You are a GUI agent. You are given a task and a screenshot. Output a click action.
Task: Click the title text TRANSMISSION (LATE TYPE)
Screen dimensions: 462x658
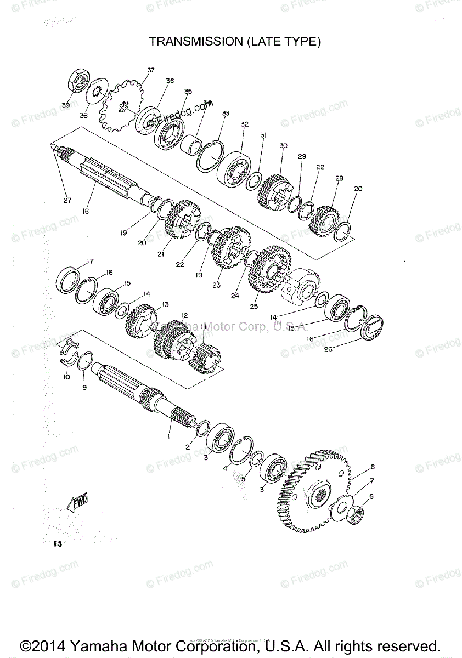tap(235, 41)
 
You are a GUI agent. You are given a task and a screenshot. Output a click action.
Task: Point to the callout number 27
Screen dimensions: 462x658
tap(66, 200)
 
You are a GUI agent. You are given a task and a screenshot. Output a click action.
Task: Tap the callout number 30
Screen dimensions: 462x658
tap(283, 145)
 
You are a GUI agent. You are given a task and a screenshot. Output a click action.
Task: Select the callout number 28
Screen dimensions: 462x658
tap(339, 178)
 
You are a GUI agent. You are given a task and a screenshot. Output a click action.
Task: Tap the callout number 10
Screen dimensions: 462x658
tap(66, 377)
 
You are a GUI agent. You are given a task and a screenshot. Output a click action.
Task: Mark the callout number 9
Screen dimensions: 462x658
tap(84, 388)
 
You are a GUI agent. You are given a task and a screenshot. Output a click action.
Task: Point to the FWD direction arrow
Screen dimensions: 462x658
tap(77, 501)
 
